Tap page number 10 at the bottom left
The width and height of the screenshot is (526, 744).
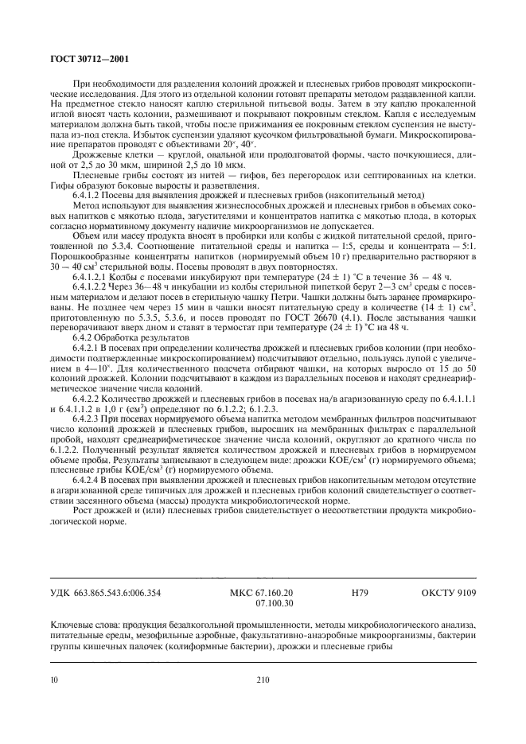(x=53, y=679)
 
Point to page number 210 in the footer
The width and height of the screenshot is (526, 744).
(x=263, y=679)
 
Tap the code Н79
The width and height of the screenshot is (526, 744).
(x=360, y=593)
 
